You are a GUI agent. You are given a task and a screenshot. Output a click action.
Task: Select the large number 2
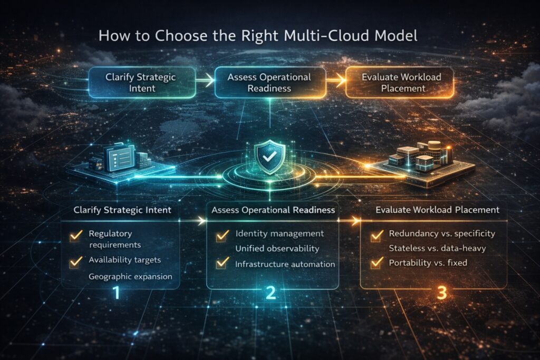point(270,292)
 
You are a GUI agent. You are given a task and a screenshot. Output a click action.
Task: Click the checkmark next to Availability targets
point(76,260)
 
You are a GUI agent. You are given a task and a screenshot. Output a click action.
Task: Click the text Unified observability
point(277,248)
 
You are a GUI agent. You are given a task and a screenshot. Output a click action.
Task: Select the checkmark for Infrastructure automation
point(222,262)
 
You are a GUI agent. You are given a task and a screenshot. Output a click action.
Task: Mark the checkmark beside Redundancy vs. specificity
point(377,235)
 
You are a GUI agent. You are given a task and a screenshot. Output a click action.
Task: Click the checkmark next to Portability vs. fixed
point(377,261)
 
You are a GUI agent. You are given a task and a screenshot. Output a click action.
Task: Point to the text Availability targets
point(124,259)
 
